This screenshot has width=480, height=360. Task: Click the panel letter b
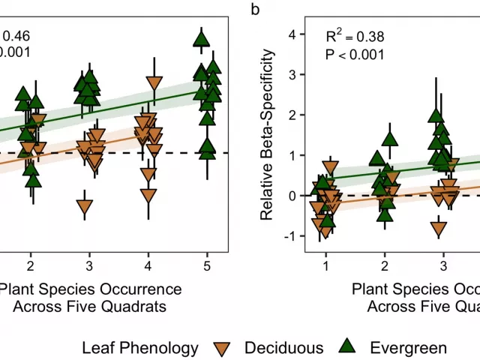tap(256, 9)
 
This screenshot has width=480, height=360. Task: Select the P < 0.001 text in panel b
tap(355, 54)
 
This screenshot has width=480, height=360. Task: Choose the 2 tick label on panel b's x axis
tap(384, 266)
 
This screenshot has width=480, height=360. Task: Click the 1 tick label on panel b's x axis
tap(325, 266)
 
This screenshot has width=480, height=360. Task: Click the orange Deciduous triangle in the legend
tap(223, 347)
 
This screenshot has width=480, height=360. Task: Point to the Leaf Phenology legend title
tap(140, 347)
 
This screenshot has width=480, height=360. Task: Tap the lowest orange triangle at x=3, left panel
tap(85, 207)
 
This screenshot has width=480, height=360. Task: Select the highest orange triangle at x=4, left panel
tap(154, 83)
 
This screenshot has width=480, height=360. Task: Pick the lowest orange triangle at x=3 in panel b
tap(439, 229)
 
